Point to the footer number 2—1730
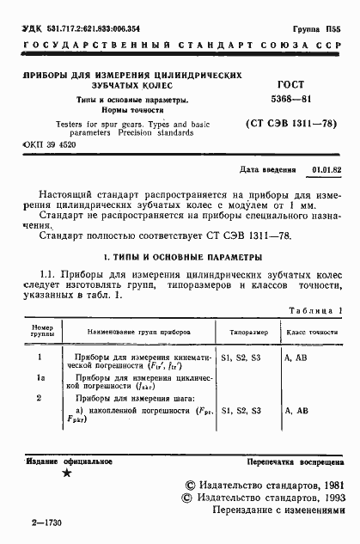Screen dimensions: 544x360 [45, 522]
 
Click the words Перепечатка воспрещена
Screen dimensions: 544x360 [297, 461]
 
